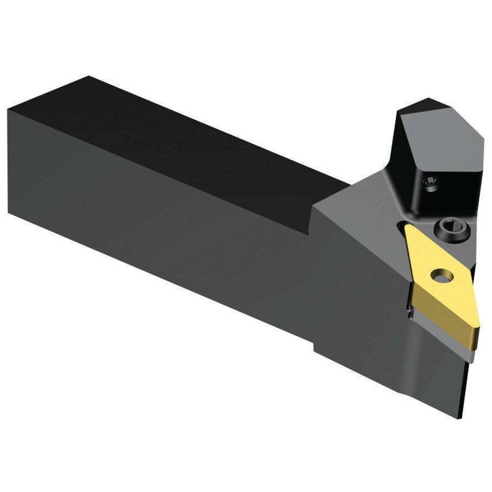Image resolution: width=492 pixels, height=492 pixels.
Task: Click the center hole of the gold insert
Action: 442,277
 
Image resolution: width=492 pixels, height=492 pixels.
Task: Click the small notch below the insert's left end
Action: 408,314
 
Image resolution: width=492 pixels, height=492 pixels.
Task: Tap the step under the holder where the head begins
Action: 315,346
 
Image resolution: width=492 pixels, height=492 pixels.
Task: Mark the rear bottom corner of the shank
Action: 9,211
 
